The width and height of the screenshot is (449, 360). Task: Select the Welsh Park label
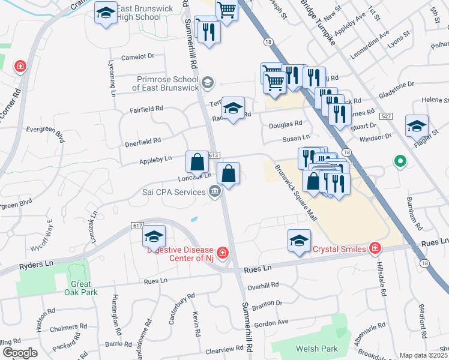(316, 349)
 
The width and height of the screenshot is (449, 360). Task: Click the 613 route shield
(214, 155)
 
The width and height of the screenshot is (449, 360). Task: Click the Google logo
(20, 353)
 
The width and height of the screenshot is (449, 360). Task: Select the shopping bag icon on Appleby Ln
(197, 161)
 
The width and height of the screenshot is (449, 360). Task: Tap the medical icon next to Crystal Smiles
(375, 247)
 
